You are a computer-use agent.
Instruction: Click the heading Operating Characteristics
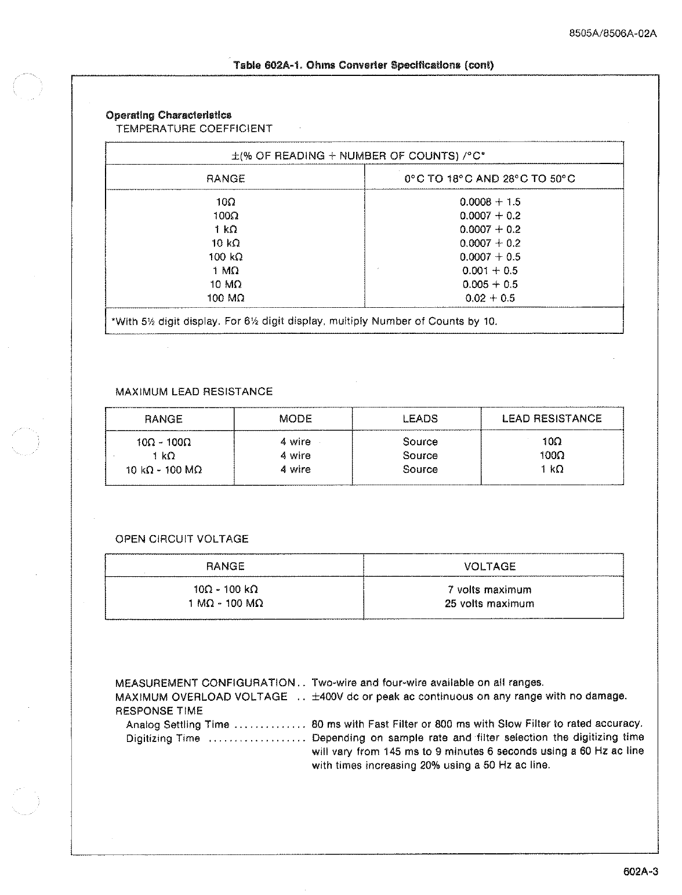tap(168, 115)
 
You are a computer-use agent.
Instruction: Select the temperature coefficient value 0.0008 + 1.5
tap(490, 202)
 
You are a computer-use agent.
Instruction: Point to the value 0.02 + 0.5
tap(490, 299)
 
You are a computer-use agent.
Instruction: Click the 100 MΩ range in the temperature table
tap(226, 299)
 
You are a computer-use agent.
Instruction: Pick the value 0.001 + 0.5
tap(490, 271)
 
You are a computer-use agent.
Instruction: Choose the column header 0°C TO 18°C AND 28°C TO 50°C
tap(490, 179)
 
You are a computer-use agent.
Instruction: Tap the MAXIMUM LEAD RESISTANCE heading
tap(194, 392)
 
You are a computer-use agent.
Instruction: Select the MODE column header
tap(295, 419)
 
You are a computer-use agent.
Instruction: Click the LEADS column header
tap(420, 419)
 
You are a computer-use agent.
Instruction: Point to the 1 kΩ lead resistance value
tap(552, 470)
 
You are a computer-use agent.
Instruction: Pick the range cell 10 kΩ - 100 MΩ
tap(164, 470)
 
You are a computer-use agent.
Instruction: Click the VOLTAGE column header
tap(489, 566)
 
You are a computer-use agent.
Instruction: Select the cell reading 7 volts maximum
tap(489, 590)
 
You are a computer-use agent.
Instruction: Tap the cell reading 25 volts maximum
tap(489, 604)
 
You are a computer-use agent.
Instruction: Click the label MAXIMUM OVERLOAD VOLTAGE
tap(201, 697)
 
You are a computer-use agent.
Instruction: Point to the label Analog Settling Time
tap(177, 725)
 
